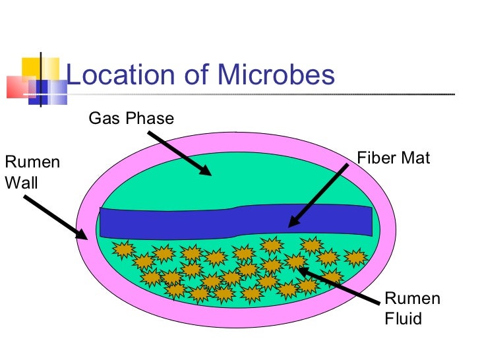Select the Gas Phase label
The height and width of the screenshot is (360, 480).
pyautogui.click(x=131, y=119)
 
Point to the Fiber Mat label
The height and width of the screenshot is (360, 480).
pyautogui.click(x=393, y=158)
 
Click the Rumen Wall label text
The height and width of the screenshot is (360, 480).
pyautogui.click(x=32, y=172)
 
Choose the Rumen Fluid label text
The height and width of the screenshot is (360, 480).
pyautogui.click(x=412, y=309)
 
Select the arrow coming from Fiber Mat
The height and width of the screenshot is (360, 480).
pyautogui.click(x=319, y=195)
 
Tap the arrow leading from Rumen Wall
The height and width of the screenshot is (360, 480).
pyautogui.click(x=50, y=217)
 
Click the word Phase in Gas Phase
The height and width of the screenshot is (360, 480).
pyautogui.click(x=152, y=119)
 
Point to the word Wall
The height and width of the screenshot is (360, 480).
pyautogui.click(x=21, y=182)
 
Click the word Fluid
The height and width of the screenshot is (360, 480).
pyautogui.click(x=403, y=319)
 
